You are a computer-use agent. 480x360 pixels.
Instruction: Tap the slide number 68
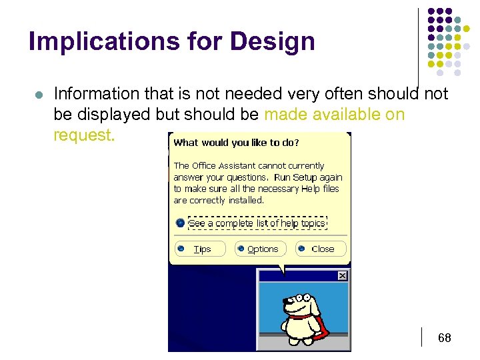point(444,339)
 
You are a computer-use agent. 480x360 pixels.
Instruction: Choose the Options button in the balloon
point(261,249)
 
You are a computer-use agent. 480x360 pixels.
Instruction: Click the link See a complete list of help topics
point(257,223)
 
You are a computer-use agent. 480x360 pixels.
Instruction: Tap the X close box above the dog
point(342,276)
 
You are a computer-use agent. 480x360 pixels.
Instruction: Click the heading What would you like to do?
point(236,143)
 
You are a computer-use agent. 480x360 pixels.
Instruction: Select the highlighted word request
point(83,135)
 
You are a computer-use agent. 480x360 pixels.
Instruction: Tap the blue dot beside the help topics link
point(180,223)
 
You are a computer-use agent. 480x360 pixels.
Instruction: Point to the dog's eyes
point(301,296)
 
